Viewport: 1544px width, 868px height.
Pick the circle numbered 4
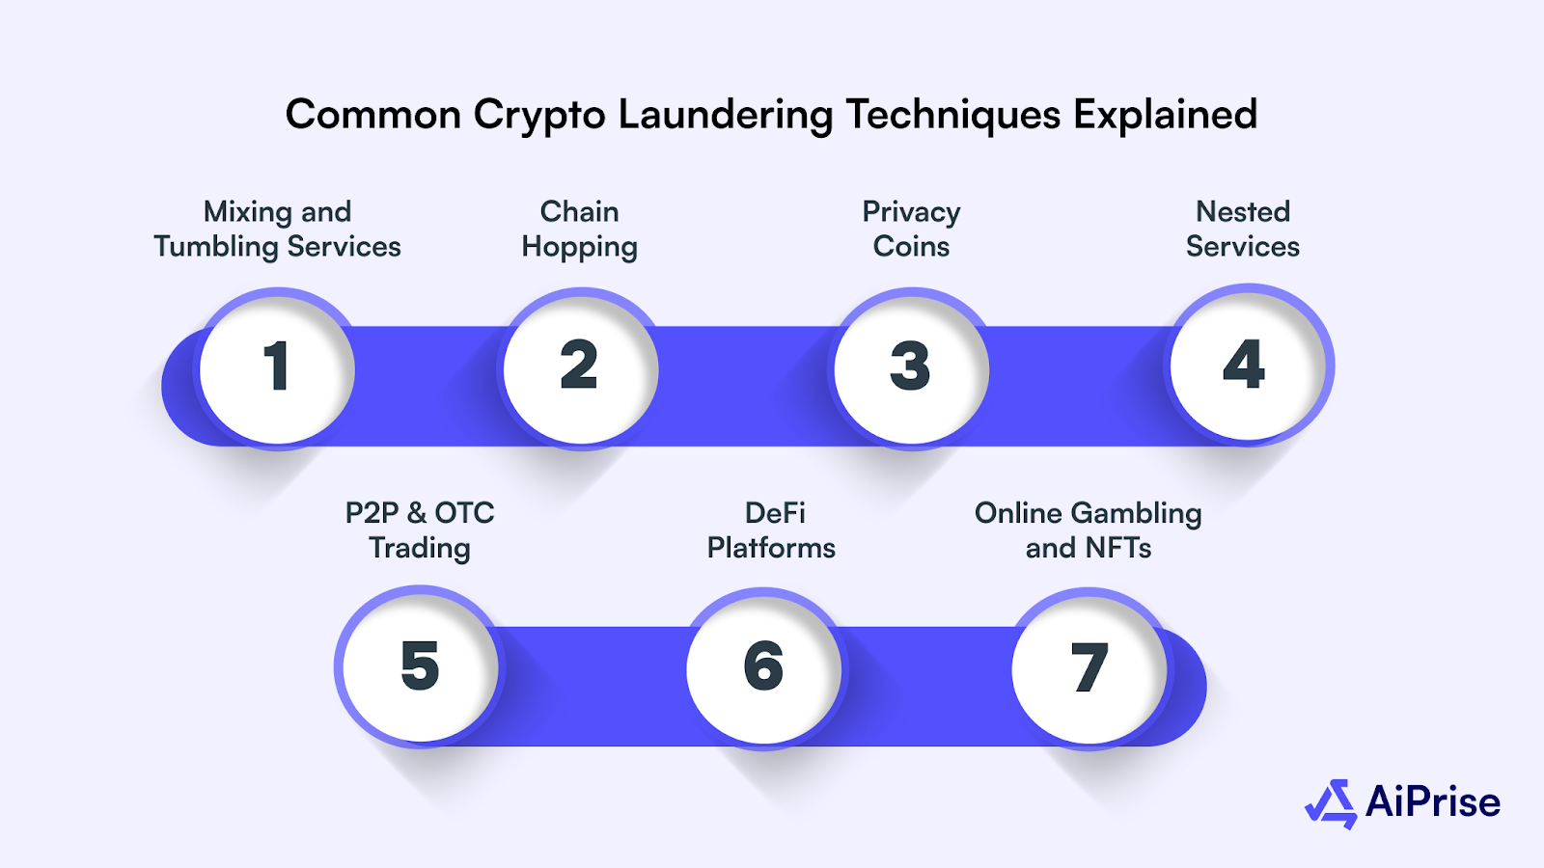[x=1246, y=365]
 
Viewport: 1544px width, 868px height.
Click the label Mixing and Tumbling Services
[x=277, y=230]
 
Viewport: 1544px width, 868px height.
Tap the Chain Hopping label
[x=579, y=230]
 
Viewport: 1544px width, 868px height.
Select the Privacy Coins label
[x=911, y=230]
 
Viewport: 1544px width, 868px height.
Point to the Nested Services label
[x=1243, y=230]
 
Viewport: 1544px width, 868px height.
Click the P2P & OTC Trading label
[x=420, y=530]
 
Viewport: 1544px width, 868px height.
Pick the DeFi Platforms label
[x=771, y=530]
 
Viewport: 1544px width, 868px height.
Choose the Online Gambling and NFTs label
[x=1089, y=530]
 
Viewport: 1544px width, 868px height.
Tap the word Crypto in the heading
[x=538, y=116]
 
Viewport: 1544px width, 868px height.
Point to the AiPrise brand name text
[x=1433, y=802]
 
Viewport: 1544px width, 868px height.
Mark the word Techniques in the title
[x=952, y=115]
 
